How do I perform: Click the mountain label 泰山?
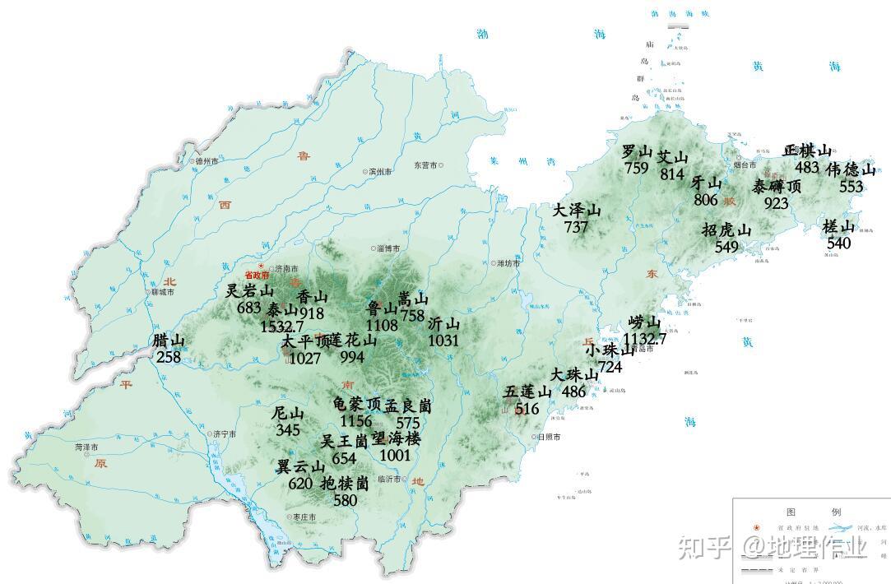click(281, 310)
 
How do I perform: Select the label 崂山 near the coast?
click(644, 322)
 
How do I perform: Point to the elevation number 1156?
click(355, 421)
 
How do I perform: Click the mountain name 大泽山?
click(577, 211)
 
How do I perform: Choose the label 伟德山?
click(851, 169)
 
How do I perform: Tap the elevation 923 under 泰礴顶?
click(776, 203)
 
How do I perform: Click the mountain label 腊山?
click(169, 341)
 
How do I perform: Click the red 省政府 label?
click(256, 276)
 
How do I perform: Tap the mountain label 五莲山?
click(527, 392)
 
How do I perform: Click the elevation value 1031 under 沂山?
click(443, 340)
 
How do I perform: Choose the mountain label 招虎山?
click(726, 229)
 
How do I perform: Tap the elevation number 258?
click(169, 356)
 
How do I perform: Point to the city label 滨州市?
click(381, 172)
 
